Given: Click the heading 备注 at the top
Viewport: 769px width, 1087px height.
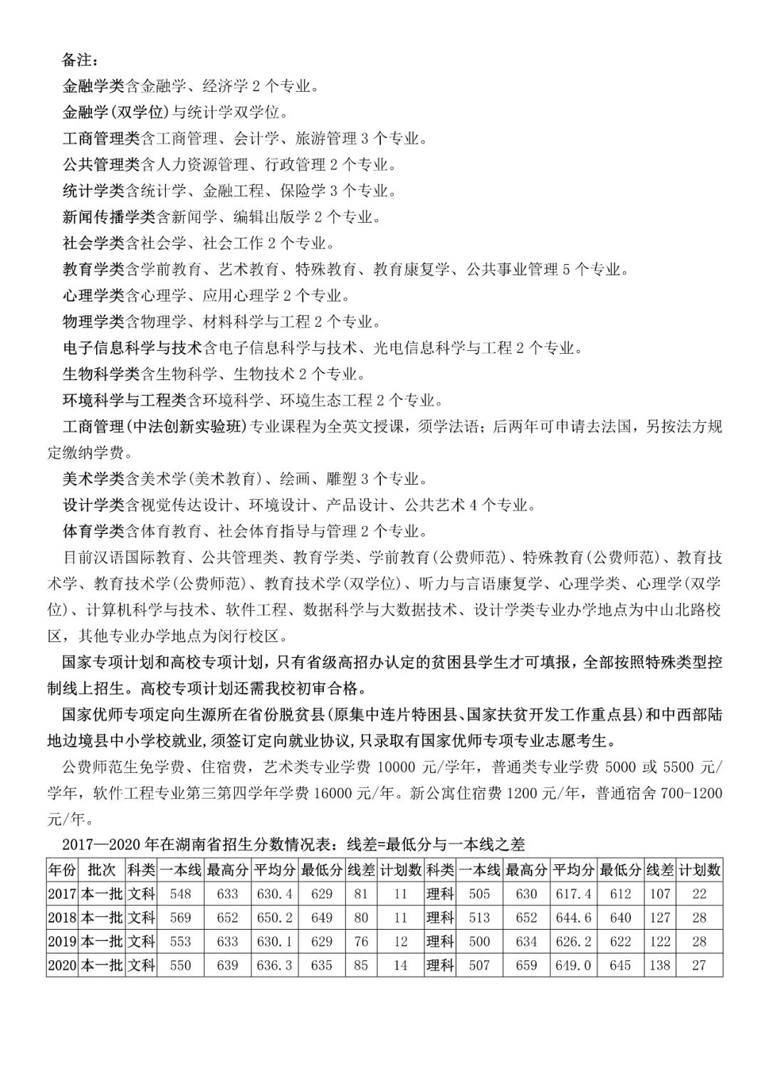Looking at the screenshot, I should [x=80, y=60].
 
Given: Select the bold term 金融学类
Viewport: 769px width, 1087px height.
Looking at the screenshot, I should [x=93, y=86].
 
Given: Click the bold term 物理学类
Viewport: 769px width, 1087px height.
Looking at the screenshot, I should [x=93, y=321].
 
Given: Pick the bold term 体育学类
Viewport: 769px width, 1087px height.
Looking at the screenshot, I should [x=93, y=530].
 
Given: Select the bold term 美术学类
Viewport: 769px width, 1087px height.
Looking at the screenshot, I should [x=93, y=478].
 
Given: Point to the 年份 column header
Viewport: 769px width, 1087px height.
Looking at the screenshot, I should [x=61, y=870].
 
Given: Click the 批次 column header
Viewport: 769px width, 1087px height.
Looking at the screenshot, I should [x=101, y=870].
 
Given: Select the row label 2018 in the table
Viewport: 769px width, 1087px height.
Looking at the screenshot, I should [x=62, y=918].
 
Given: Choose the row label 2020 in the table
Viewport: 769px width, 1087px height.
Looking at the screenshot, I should [x=62, y=965].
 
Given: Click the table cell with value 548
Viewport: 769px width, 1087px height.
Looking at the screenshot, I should [x=181, y=894].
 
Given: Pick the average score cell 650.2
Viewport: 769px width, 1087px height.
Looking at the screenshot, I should [x=274, y=918].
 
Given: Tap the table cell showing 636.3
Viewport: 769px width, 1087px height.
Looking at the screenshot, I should [x=274, y=965].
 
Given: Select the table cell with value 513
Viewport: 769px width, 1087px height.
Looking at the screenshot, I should [x=479, y=918].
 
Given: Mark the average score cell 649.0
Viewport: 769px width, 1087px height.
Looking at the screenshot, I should [x=573, y=965].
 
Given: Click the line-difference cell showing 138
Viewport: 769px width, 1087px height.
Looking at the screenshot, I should [x=660, y=965].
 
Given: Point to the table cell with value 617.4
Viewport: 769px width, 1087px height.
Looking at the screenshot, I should [x=573, y=894].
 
